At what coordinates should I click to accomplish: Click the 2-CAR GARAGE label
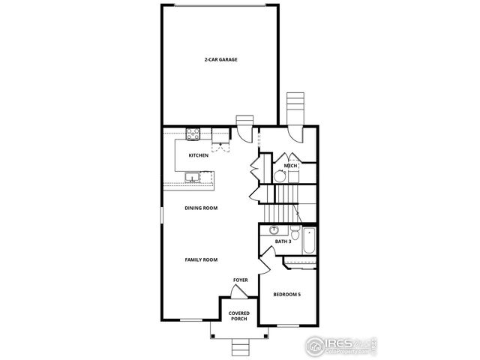220,59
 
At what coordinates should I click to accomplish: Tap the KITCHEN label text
198,155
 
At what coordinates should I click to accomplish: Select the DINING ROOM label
201,208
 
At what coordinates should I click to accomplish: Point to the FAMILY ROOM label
201,259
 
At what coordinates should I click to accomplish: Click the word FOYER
240,280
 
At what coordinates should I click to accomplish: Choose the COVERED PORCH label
238,316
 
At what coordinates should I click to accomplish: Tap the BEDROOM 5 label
286,295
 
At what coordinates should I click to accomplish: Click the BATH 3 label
283,241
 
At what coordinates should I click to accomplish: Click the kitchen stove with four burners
192,135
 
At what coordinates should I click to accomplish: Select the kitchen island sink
193,178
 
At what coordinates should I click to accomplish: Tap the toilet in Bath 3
295,232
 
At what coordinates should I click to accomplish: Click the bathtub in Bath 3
309,242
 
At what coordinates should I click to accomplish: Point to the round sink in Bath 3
274,229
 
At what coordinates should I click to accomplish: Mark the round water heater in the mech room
279,176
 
